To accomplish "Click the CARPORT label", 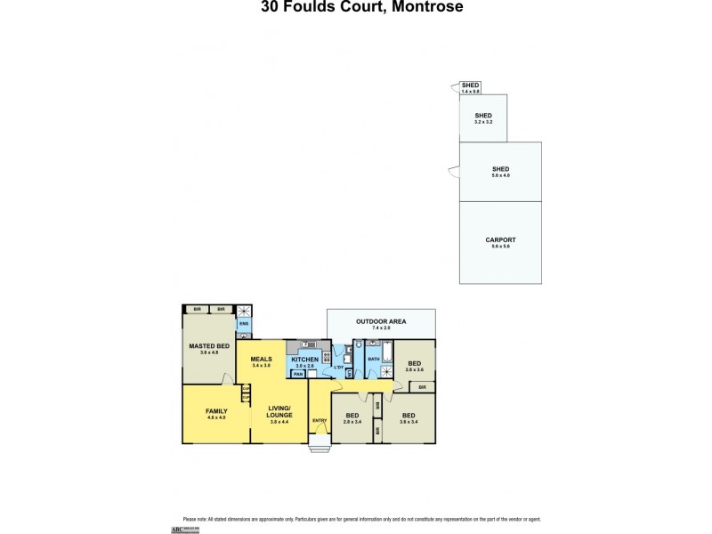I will pyautogui.click(x=500, y=240).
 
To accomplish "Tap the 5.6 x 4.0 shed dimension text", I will pyautogui.click(x=500, y=175).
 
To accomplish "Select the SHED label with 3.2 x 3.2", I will pyautogui.click(x=483, y=116).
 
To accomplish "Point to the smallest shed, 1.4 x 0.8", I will pyautogui.click(x=471, y=87).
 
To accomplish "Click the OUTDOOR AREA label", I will pyautogui.click(x=381, y=320).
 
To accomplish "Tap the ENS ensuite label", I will pyautogui.click(x=243, y=324).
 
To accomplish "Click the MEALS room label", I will pyautogui.click(x=261, y=360).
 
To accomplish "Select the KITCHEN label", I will pyautogui.click(x=304, y=360).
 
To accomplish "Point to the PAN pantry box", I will pyautogui.click(x=297, y=375).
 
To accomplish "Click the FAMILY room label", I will pyautogui.click(x=216, y=411).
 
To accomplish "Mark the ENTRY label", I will pyautogui.click(x=319, y=420).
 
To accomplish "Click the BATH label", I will pyautogui.click(x=373, y=360).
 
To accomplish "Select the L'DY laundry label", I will pyautogui.click(x=338, y=367).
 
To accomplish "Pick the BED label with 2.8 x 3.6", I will pyautogui.click(x=414, y=363).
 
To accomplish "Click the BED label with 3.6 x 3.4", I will pyautogui.click(x=409, y=416).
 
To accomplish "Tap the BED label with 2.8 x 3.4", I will pyautogui.click(x=352, y=416).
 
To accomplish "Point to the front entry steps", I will pyautogui.click(x=319, y=448).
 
